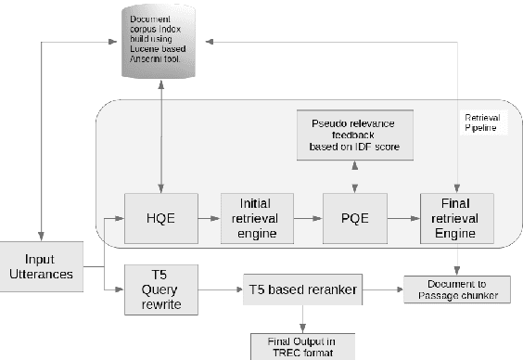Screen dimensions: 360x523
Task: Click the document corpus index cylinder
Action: [161, 42]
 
